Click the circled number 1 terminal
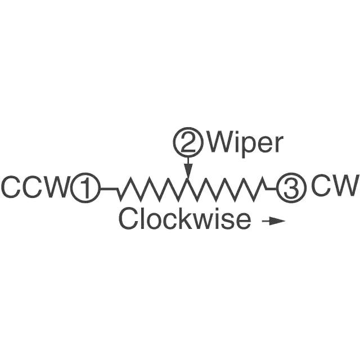[85, 189]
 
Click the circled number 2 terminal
[188, 142]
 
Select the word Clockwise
[184, 218]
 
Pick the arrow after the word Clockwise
[273, 221]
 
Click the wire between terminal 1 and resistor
[109, 189]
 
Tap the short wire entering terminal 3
[272, 189]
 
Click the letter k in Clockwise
[191, 218]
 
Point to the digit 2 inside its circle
[188, 142]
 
